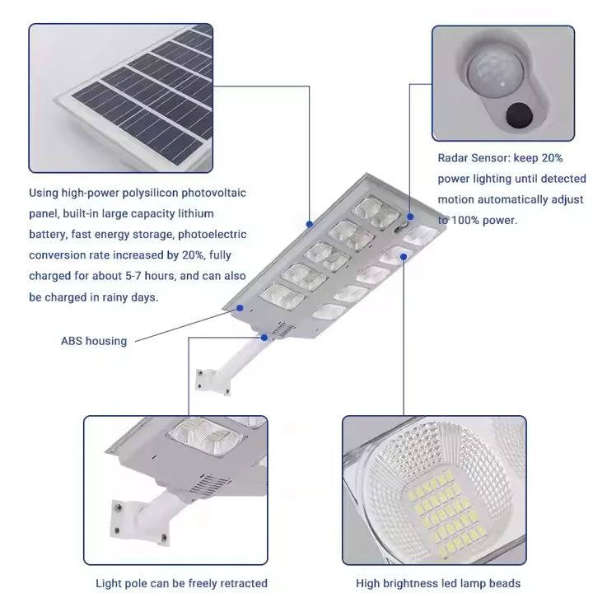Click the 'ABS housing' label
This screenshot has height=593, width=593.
(x=94, y=340)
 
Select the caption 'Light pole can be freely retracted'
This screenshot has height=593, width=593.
(x=181, y=583)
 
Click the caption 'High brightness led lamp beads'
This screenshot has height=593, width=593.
(x=437, y=583)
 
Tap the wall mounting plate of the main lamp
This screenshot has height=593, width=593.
(x=202, y=379)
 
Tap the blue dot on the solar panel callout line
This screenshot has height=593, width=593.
(x=309, y=222)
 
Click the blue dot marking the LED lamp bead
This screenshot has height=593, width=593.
(x=404, y=256)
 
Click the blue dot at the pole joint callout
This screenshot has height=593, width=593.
(x=264, y=336)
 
